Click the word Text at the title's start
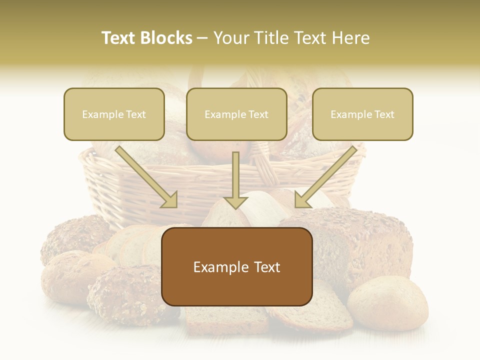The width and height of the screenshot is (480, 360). [x=119, y=38]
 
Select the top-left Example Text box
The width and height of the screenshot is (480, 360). [x=114, y=114]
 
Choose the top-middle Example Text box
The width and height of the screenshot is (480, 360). [x=236, y=114]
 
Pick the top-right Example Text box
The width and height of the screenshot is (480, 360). [x=362, y=114]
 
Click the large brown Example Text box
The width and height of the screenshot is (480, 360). [x=237, y=266]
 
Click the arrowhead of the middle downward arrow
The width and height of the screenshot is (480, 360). [x=236, y=201]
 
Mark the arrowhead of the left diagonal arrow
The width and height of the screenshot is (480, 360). [x=170, y=199]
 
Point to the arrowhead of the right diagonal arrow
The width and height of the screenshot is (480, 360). [x=301, y=199]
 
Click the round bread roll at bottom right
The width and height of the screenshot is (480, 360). [x=387, y=302]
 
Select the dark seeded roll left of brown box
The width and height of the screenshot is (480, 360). [x=125, y=295]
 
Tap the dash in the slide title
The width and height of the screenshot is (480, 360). [x=202, y=38]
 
